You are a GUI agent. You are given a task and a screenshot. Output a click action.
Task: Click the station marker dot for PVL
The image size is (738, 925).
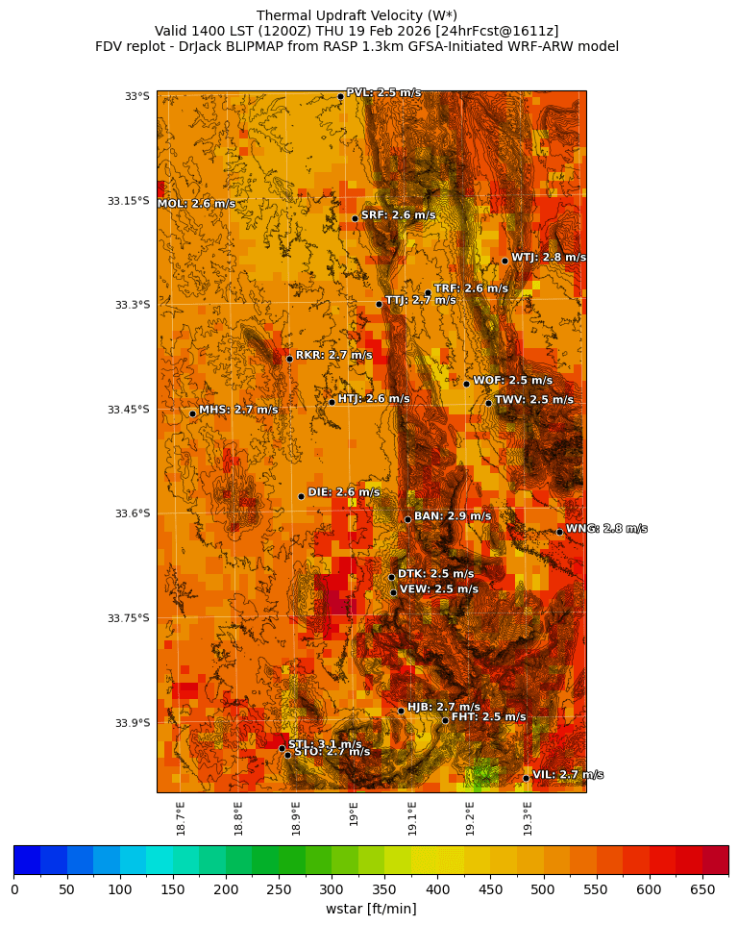[x=340, y=96]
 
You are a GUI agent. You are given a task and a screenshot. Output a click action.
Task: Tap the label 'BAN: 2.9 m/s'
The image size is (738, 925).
[x=452, y=516]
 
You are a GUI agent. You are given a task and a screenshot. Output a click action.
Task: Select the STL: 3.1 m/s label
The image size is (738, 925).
[x=325, y=744]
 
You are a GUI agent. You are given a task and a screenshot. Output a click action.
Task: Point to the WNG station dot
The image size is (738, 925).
[x=559, y=532]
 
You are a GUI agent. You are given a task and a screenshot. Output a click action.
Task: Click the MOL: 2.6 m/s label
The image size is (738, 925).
[x=196, y=204]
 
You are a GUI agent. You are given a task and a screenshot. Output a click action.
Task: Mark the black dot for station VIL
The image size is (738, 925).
[x=527, y=778]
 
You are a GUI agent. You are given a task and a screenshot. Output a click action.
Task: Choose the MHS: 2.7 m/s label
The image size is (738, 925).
[x=238, y=410]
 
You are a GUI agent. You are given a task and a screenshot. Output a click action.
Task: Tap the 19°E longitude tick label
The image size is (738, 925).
[x=355, y=813]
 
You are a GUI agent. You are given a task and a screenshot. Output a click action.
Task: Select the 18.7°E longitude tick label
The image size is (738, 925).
[x=181, y=818]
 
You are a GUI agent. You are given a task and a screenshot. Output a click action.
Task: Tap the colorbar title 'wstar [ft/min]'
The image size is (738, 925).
[x=371, y=909]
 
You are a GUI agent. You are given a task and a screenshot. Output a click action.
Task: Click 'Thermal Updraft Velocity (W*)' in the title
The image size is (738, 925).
[x=357, y=15]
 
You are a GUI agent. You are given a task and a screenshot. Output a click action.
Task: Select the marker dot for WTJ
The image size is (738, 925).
[x=504, y=261]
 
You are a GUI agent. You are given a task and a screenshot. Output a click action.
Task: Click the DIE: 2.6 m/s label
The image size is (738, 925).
[x=343, y=492]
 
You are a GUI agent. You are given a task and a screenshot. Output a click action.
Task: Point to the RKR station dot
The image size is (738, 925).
[x=289, y=359]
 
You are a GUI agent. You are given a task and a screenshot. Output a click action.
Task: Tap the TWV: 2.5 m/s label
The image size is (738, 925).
[x=533, y=400]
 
